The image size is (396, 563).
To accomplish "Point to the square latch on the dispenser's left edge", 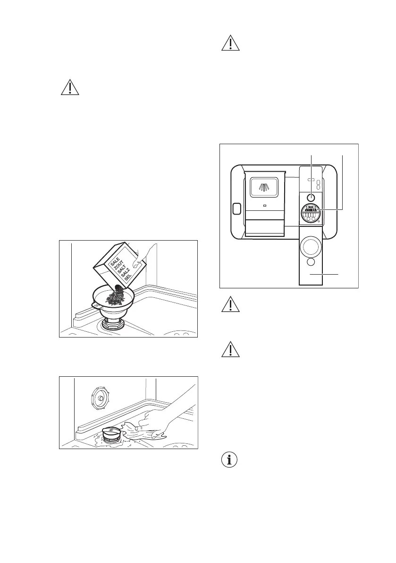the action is point(236,208).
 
